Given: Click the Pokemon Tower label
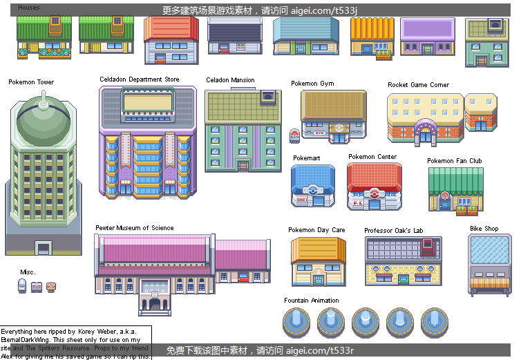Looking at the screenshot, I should (x=31, y=82).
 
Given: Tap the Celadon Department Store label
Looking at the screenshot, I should (x=139, y=79).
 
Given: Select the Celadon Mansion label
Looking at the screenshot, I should (x=230, y=80).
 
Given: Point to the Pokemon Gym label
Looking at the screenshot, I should (x=312, y=84).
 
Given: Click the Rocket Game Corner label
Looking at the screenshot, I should (x=418, y=85).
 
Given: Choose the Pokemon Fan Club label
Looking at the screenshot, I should (x=454, y=161).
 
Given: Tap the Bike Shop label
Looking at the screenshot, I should (x=484, y=229).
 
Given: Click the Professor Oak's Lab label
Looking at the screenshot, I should (x=393, y=230).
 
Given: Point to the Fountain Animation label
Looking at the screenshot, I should (x=311, y=301).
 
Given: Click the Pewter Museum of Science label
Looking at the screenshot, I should (x=134, y=228).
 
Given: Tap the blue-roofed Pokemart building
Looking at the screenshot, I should (x=314, y=185).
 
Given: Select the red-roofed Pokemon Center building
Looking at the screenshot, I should (x=374, y=186).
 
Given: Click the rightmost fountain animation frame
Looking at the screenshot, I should (x=434, y=322).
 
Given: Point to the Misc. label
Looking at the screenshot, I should (x=28, y=272).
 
